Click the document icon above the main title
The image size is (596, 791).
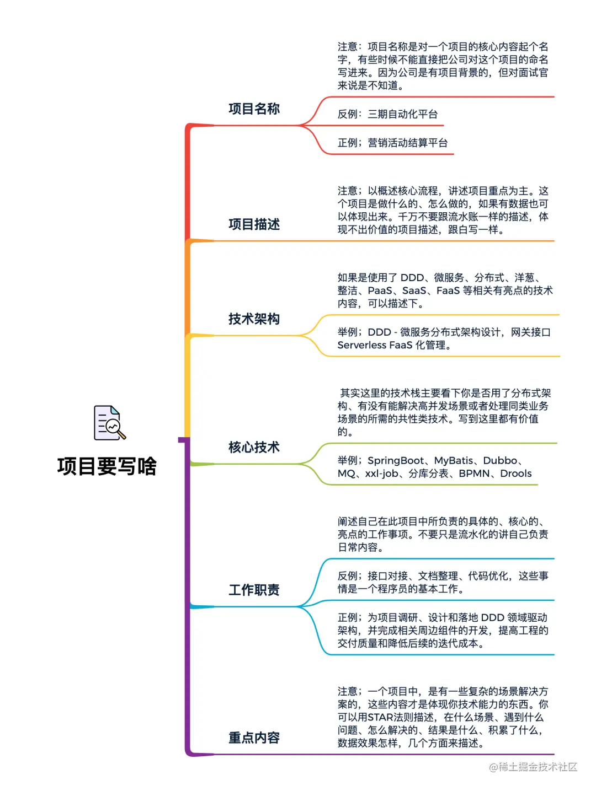coord(109,423)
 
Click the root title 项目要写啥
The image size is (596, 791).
coord(107,466)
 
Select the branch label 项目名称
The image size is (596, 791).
coord(254,109)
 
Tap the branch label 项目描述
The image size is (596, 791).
coord(254,224)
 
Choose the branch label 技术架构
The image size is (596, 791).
coord(254,319)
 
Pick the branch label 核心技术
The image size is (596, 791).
coord(254,447)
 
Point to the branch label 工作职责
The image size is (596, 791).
coord(254,590)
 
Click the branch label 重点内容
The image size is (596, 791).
coord(254,738)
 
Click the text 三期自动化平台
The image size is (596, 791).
coord(402,114)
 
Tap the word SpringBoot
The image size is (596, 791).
coord(396,460)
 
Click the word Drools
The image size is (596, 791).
coord(515,473)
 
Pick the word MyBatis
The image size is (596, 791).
coord(454,460)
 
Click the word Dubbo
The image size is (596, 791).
coord(500,460)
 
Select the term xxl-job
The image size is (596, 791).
coord(381,473)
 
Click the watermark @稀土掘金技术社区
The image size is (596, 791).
coord(533,767)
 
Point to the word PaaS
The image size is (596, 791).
coord(380,290)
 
